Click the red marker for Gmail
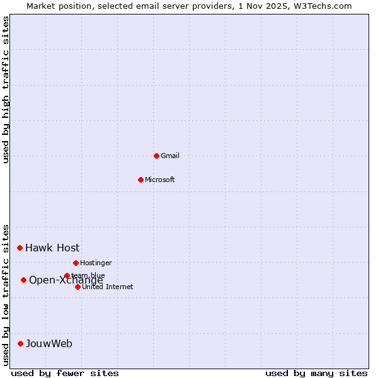(156, 156)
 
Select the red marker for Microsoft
(140, 180)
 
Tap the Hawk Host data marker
(20, 248)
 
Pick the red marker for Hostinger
(76, 263)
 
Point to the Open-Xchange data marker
(23, 280)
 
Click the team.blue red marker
(67, 275)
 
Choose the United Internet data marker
(77, 287)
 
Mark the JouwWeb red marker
(20, 343)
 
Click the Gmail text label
(170, 156)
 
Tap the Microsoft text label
(160, 180)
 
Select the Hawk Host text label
(52, 248)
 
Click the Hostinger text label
(96, 263)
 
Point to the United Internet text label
(108, 287)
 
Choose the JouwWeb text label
(49, 343)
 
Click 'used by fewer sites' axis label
(65, 373)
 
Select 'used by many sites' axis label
(316, 373)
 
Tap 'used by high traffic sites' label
(6, 89)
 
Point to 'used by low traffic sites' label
(6, 294)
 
